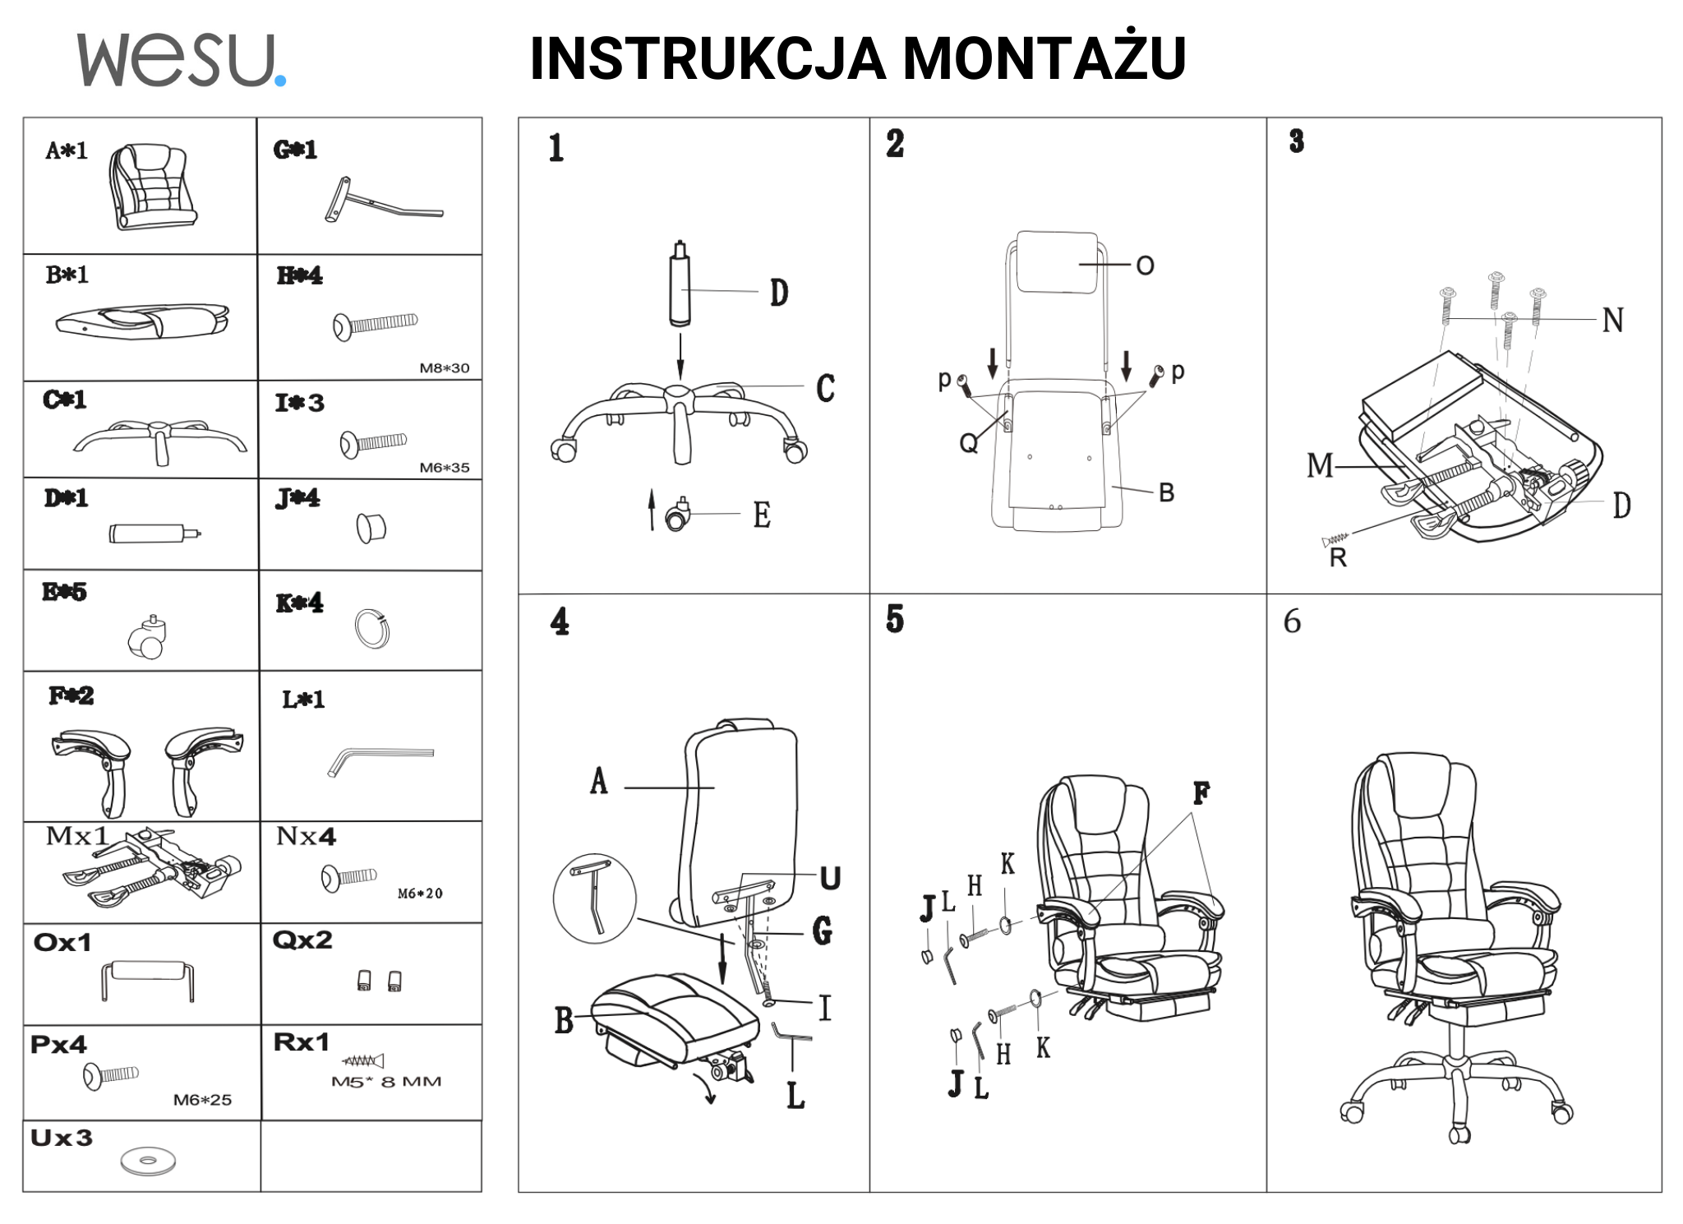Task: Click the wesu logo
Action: click(181, 59)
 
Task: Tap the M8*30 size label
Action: click(445, 367)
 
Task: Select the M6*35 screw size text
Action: click(445, 468)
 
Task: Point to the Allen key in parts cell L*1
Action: click(380, 758)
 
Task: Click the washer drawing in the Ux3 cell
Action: click(148, 1161)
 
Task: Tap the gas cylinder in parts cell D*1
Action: click(154, 533)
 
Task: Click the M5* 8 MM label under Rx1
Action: click(386, 1082)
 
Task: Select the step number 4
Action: click(560, 621)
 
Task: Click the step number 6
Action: click(1292, 622)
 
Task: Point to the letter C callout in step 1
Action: click(825, 389)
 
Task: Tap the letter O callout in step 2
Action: click(1145, 266)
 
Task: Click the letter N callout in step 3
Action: click(1612, 321)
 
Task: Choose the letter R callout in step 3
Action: click(1338, 558)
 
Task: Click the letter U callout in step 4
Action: click(830, 879)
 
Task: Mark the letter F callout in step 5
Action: click(1201, 794)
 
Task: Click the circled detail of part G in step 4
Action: click(595, 898)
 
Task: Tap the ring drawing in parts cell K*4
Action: click(372, 629)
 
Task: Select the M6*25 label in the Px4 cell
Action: click(202, 1100)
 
